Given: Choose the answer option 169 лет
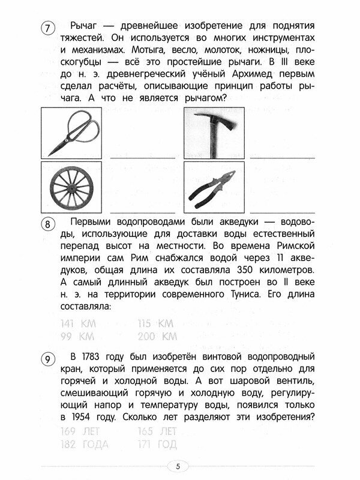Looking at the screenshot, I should click(80, 431).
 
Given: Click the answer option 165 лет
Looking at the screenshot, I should click(157, 431).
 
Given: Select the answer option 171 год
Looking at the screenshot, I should click(157, 445).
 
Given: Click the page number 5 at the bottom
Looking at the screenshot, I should click(178, 466).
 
